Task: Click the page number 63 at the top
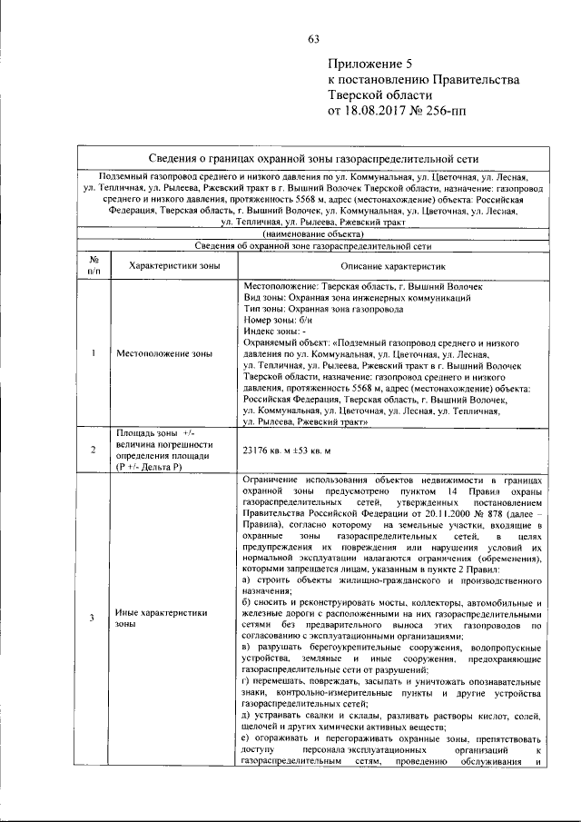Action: pos(314,38)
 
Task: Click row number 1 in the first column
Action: pos(93,353)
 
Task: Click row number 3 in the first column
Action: pos(93,619)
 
